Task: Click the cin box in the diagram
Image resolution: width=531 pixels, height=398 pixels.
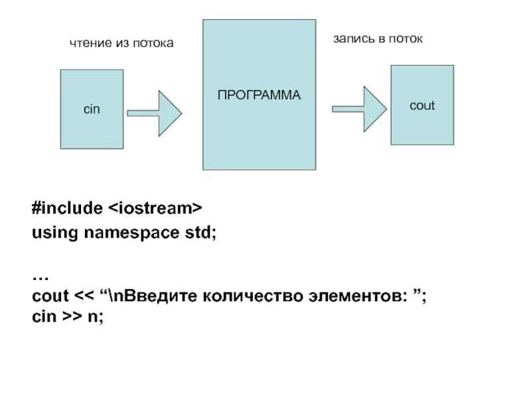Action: [x=91, y=109]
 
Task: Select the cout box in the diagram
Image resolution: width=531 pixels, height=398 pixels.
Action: [x=422, y=105]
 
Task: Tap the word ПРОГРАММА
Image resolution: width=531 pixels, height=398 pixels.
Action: [x=259, y=95]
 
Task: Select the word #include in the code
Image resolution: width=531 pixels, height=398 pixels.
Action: [x=66, y=209]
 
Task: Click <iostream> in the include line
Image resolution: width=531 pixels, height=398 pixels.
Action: [x=155, y=209]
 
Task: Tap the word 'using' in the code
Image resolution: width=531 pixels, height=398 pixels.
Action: [x=53, y=233]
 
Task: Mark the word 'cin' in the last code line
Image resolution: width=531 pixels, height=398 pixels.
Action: [x=44, y=318]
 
